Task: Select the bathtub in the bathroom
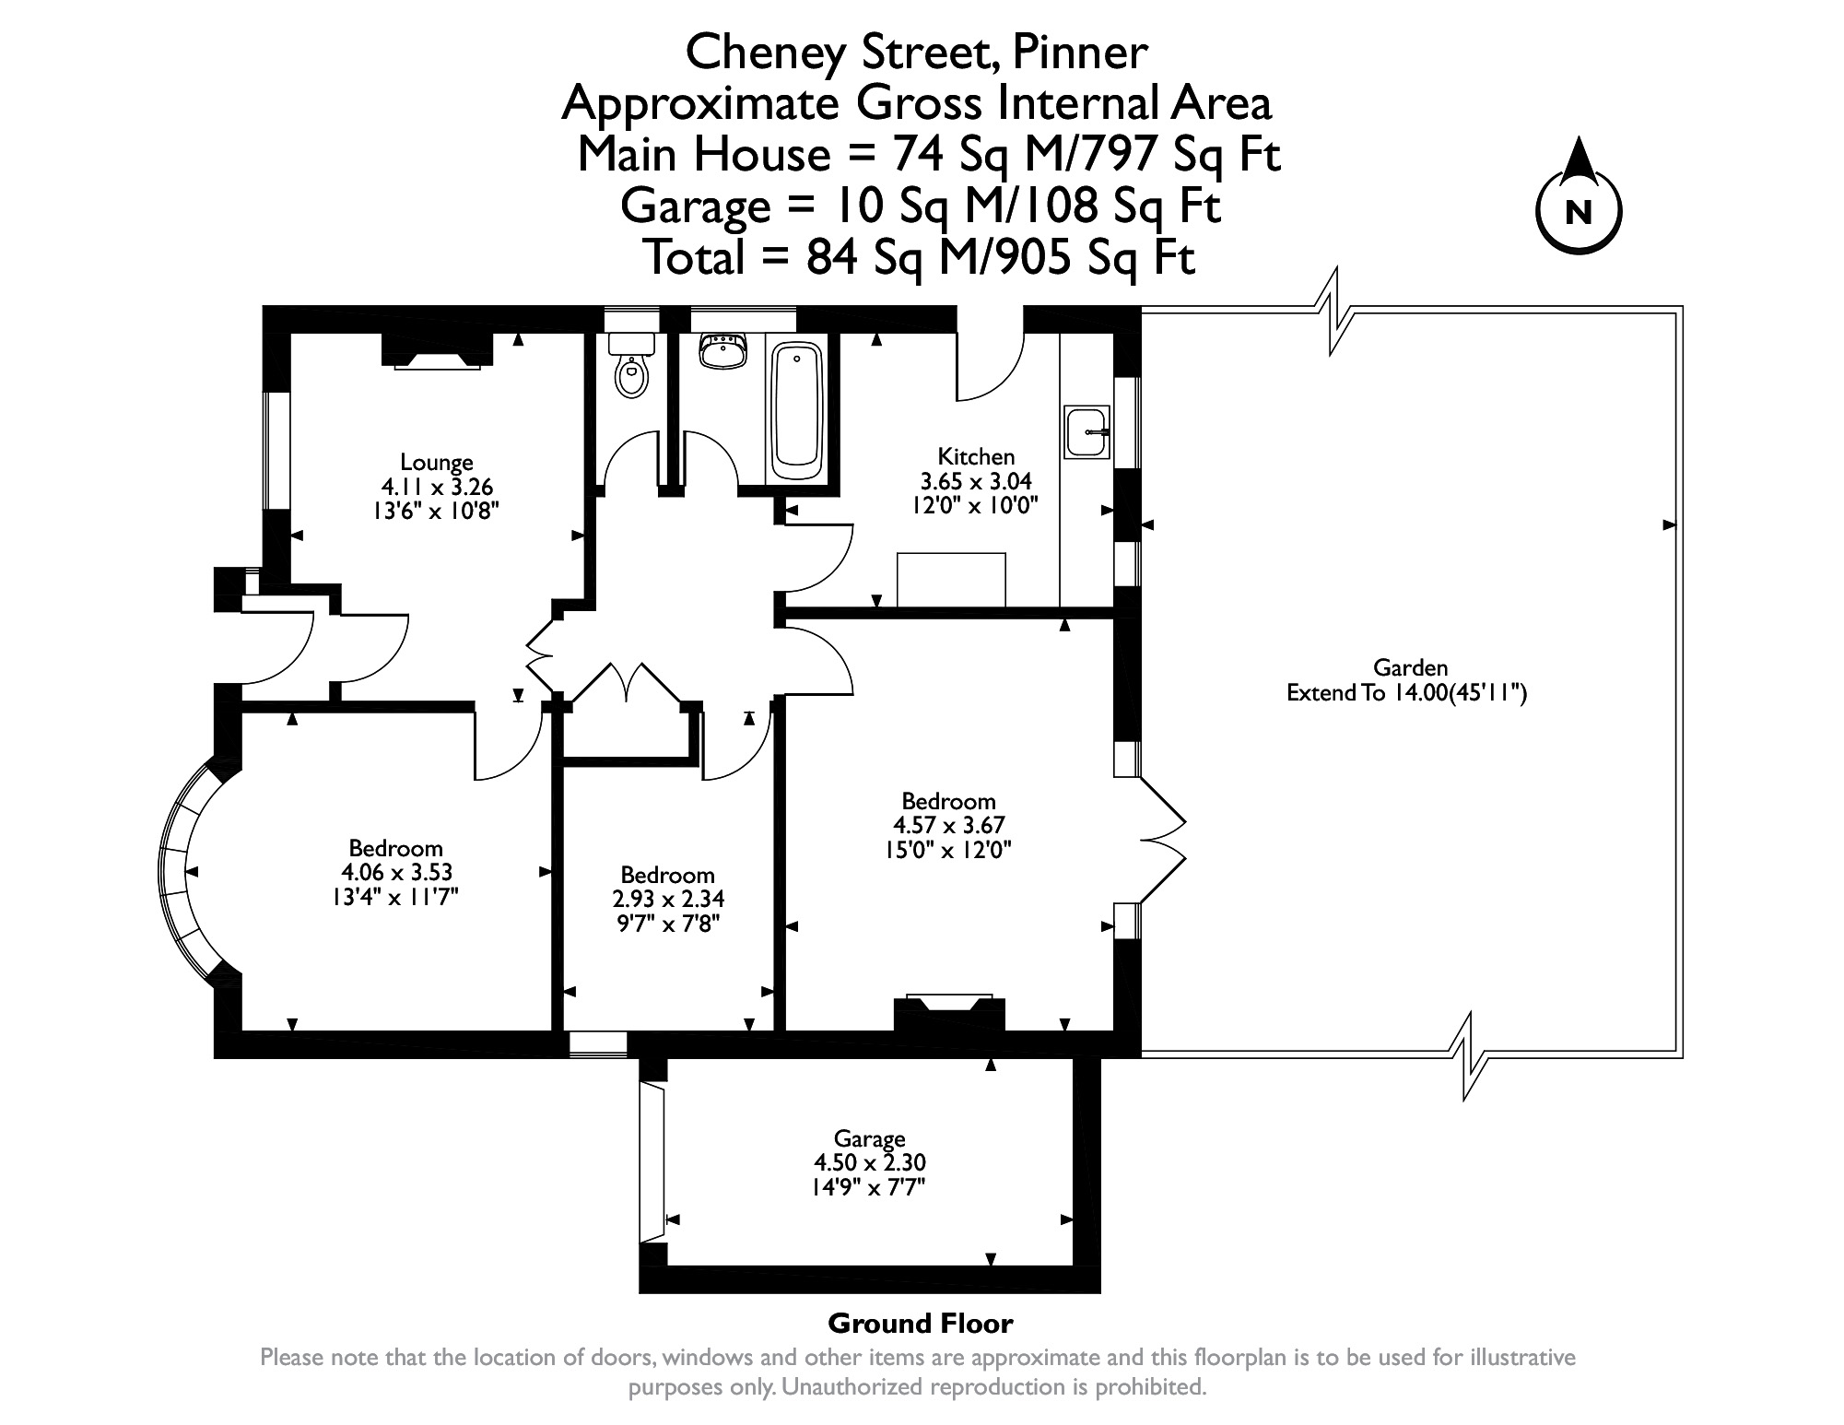[796, 410]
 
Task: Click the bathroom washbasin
[722, 351]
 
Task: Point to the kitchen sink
[1088, 431]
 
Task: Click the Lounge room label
[436, 462]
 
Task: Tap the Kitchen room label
[976, 456]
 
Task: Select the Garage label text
[869, 1139]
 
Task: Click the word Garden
[1410, 667]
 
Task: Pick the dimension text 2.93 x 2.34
[666, 899]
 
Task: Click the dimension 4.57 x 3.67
[948, 825]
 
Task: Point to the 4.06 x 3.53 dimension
[396, 871]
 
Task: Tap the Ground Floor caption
[921, 1324]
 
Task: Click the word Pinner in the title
[1081, 53]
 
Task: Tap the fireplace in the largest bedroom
[949, 1013]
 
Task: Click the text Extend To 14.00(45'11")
[1406, 692]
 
